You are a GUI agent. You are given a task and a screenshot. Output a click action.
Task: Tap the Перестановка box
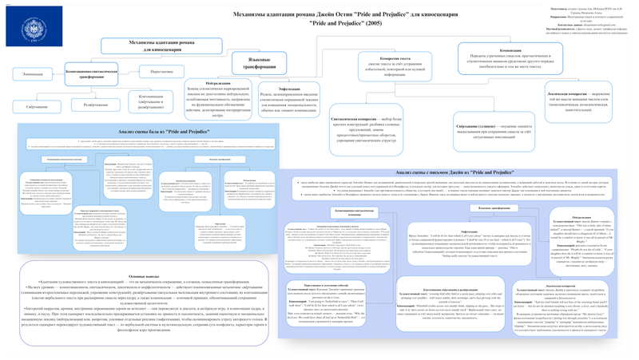point(167,72)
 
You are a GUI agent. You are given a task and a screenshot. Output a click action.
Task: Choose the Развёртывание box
point(97,105)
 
